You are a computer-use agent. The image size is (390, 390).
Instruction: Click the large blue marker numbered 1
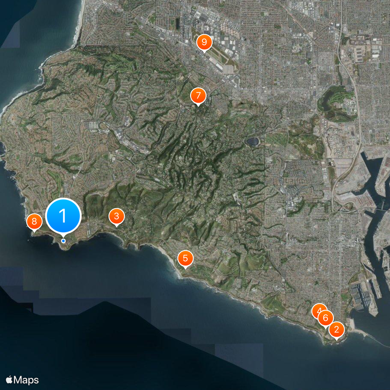[x=63, y=215]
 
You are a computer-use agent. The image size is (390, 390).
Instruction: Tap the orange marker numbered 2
[x=336, y=330]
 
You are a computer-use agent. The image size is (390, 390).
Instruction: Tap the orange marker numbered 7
[x=197, y=95]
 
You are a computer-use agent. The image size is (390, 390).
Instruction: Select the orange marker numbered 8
[x=34, y=222]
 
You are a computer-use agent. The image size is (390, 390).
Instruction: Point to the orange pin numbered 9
[x=204, y=42]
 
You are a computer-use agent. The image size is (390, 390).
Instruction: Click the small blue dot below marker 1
[x=63, y=241]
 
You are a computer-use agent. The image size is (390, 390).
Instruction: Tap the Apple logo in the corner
[x=9, y=380]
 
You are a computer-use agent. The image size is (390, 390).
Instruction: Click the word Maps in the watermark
[x=26, y=380]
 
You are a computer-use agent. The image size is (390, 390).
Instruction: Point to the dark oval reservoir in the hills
[x=253, y=141]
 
